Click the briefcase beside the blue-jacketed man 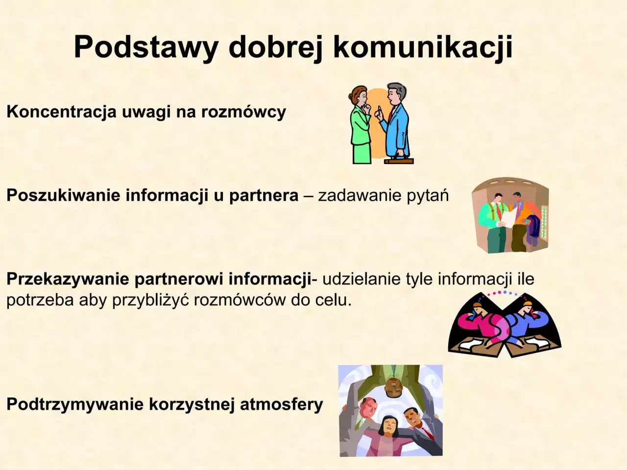coord(399,159)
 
